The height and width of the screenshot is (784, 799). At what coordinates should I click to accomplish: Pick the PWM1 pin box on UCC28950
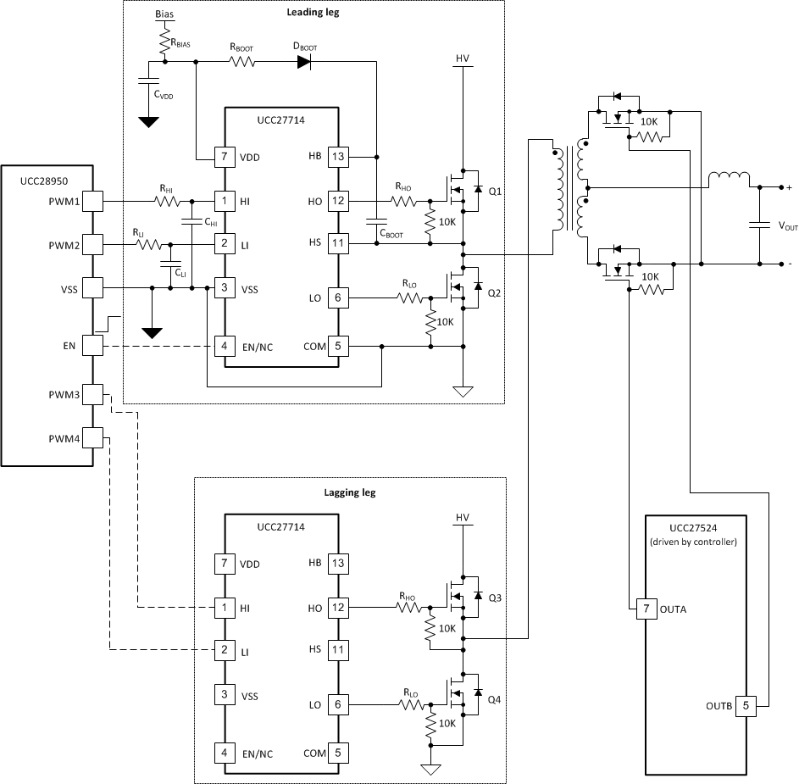click(x=92, y=202)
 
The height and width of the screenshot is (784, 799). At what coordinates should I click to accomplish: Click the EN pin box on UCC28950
click(x=92, y=347)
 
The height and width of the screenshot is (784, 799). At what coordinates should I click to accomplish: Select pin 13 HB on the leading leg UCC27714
click(x=337, y=157)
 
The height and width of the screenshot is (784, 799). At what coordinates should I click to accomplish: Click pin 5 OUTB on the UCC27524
click(x=746, y=705)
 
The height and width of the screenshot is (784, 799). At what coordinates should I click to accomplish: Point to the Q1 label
click(x=495, y=192)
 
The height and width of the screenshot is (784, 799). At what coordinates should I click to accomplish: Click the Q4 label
click(x=495, y=700)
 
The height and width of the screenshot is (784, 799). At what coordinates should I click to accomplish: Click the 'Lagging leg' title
click(x=350, y=492)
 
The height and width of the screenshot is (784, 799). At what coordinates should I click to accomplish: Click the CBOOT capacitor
click(x=376, y=222)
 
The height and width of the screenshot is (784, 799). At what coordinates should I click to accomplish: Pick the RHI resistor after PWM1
click(x=166, y=202)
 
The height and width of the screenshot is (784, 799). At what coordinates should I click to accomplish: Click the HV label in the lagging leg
click(x=462, y=518)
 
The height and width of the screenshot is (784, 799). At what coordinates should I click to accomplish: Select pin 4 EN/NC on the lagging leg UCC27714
click(x=225, y=753)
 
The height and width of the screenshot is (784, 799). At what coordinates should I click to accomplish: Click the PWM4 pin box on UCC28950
click(x=92, y=438)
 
